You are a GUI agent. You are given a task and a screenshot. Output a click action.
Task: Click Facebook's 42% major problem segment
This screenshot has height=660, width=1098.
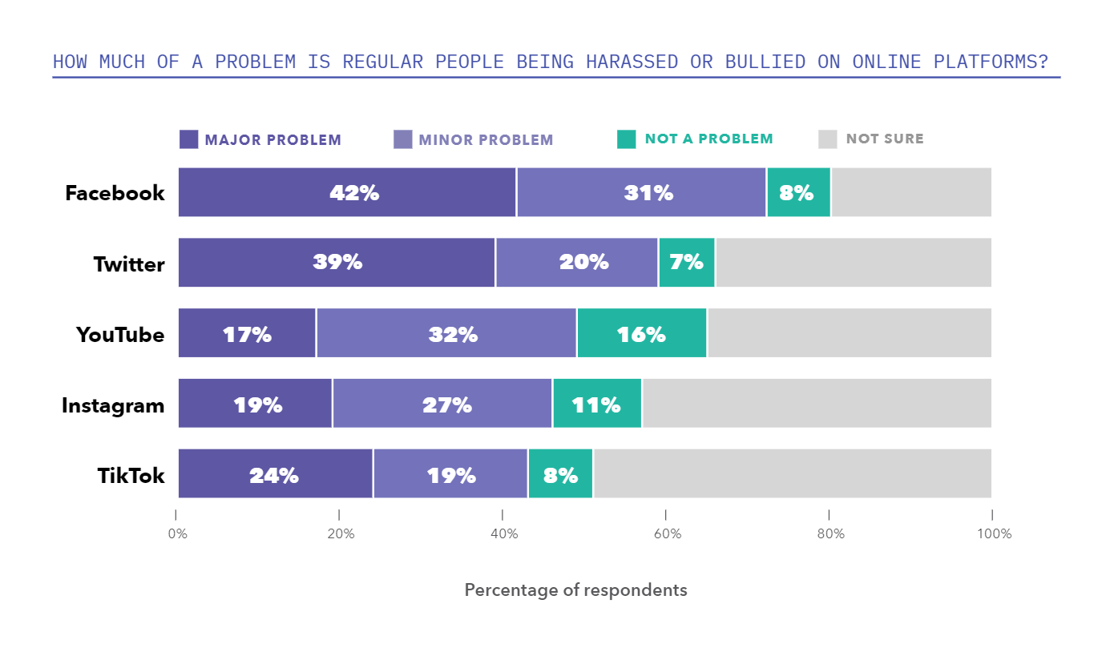(x=347, y=192)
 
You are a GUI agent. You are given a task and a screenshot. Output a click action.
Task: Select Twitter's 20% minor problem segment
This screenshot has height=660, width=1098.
(x=577, y=262)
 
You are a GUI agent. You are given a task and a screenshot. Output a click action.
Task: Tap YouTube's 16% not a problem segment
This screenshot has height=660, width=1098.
(x=641, y=333)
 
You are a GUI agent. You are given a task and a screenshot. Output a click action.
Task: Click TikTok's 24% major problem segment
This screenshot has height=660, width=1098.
(x=275, y=474)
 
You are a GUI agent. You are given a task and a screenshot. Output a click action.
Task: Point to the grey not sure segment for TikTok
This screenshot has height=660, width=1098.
(x=792, y=474)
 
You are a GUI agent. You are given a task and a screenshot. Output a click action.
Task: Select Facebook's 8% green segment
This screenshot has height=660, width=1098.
(x=798, y=192)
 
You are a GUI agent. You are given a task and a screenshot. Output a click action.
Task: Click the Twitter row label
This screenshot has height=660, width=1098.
(x=128, y=264)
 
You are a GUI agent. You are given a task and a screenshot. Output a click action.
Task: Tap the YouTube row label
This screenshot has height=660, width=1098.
(x=120, y=334)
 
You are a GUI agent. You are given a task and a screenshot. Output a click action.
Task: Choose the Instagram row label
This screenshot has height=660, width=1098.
(x=113, y=405)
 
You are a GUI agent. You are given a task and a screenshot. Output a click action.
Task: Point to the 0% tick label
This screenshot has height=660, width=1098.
(x=177, y=534)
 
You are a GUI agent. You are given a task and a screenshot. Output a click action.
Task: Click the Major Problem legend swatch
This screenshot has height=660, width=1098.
(x=188, y=139)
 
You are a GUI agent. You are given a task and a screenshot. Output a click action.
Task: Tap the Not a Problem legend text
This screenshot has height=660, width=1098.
(x=708, y=139)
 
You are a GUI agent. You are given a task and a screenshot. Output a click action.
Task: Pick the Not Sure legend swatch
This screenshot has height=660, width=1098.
(x=828, y=139)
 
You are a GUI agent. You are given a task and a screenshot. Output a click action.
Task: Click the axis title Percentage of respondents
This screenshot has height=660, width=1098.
(x=575, y=590)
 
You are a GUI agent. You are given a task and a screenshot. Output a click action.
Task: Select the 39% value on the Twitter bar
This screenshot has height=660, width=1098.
(x=337, y=262)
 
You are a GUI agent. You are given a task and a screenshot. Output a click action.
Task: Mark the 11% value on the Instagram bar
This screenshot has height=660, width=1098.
(x=596, y=404)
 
